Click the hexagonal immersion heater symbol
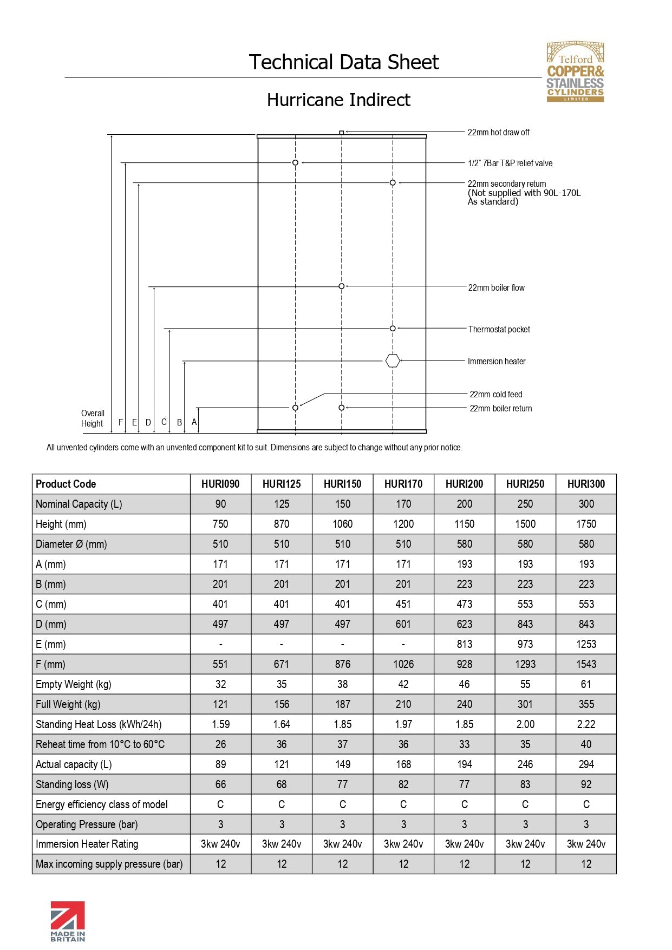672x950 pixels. (x=393, y=361)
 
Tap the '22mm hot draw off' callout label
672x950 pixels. (x=498, y=132)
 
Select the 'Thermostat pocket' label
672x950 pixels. (x=499, y=329)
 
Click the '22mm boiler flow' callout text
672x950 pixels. (x=496, y=287)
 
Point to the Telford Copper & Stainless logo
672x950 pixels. (x=575, y=71)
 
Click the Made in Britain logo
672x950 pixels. (x=68, y=921)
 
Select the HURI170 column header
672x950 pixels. (x=403, y=484)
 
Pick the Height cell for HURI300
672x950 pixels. (x=586, y=524)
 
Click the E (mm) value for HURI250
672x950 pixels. (x=525, y=644)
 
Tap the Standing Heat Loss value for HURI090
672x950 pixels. (x=220, y=724)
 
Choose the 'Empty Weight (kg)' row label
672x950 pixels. (x=74, y=684)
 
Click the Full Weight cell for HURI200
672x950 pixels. (x=464, y=704)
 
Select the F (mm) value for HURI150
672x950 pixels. (x=342, y=664)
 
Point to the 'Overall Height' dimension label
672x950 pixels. (x=92, y=418)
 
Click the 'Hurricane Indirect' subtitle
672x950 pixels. (x=338, y=100)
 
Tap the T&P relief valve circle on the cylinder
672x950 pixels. (x=295, y=162)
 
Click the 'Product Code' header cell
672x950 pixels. (x=66, y=484)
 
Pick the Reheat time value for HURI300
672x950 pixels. (x=586, y=744)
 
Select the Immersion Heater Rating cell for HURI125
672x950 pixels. (x=282, y=844)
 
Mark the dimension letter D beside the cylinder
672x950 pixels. (x=148, y=422)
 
